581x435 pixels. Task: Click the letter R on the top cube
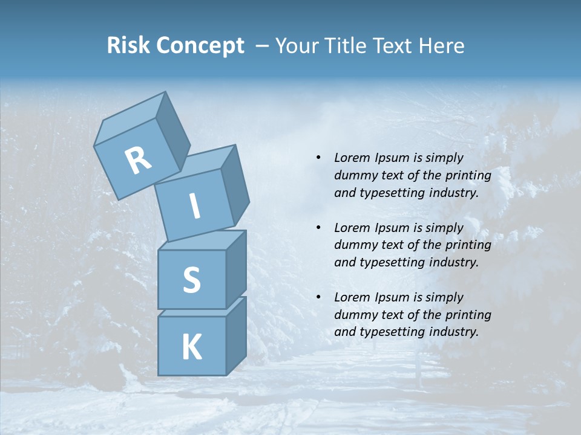(138, 161)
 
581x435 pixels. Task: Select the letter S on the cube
(191, 280)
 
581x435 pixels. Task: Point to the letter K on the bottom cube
(191, 347)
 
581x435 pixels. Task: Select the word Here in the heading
(443, 45)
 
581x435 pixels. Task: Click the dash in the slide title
(263, 46)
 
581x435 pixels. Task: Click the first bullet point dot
(318, 158)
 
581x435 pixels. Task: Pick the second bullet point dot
(318, 228)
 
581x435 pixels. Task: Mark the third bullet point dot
(318, 297)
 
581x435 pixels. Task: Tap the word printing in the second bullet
(468, 245)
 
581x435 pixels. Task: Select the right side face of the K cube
(237, 335)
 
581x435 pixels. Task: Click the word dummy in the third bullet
(355, 315)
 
